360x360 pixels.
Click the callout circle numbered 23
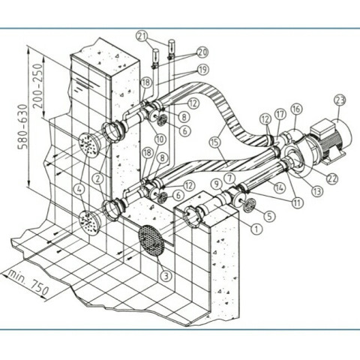tap(340, 100)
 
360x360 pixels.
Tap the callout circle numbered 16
tap(297, 109)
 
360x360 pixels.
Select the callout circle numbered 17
tap(280, 115)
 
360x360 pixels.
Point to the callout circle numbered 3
tap(166, 276)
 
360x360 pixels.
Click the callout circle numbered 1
tap(256, 229)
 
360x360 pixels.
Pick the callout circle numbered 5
tap(269, 216)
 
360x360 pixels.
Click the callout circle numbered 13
tap(317, 191)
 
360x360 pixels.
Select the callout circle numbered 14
tap(280, 187)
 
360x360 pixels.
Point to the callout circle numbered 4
tap(79, 190)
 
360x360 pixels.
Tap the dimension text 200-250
tap(38, 85)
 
